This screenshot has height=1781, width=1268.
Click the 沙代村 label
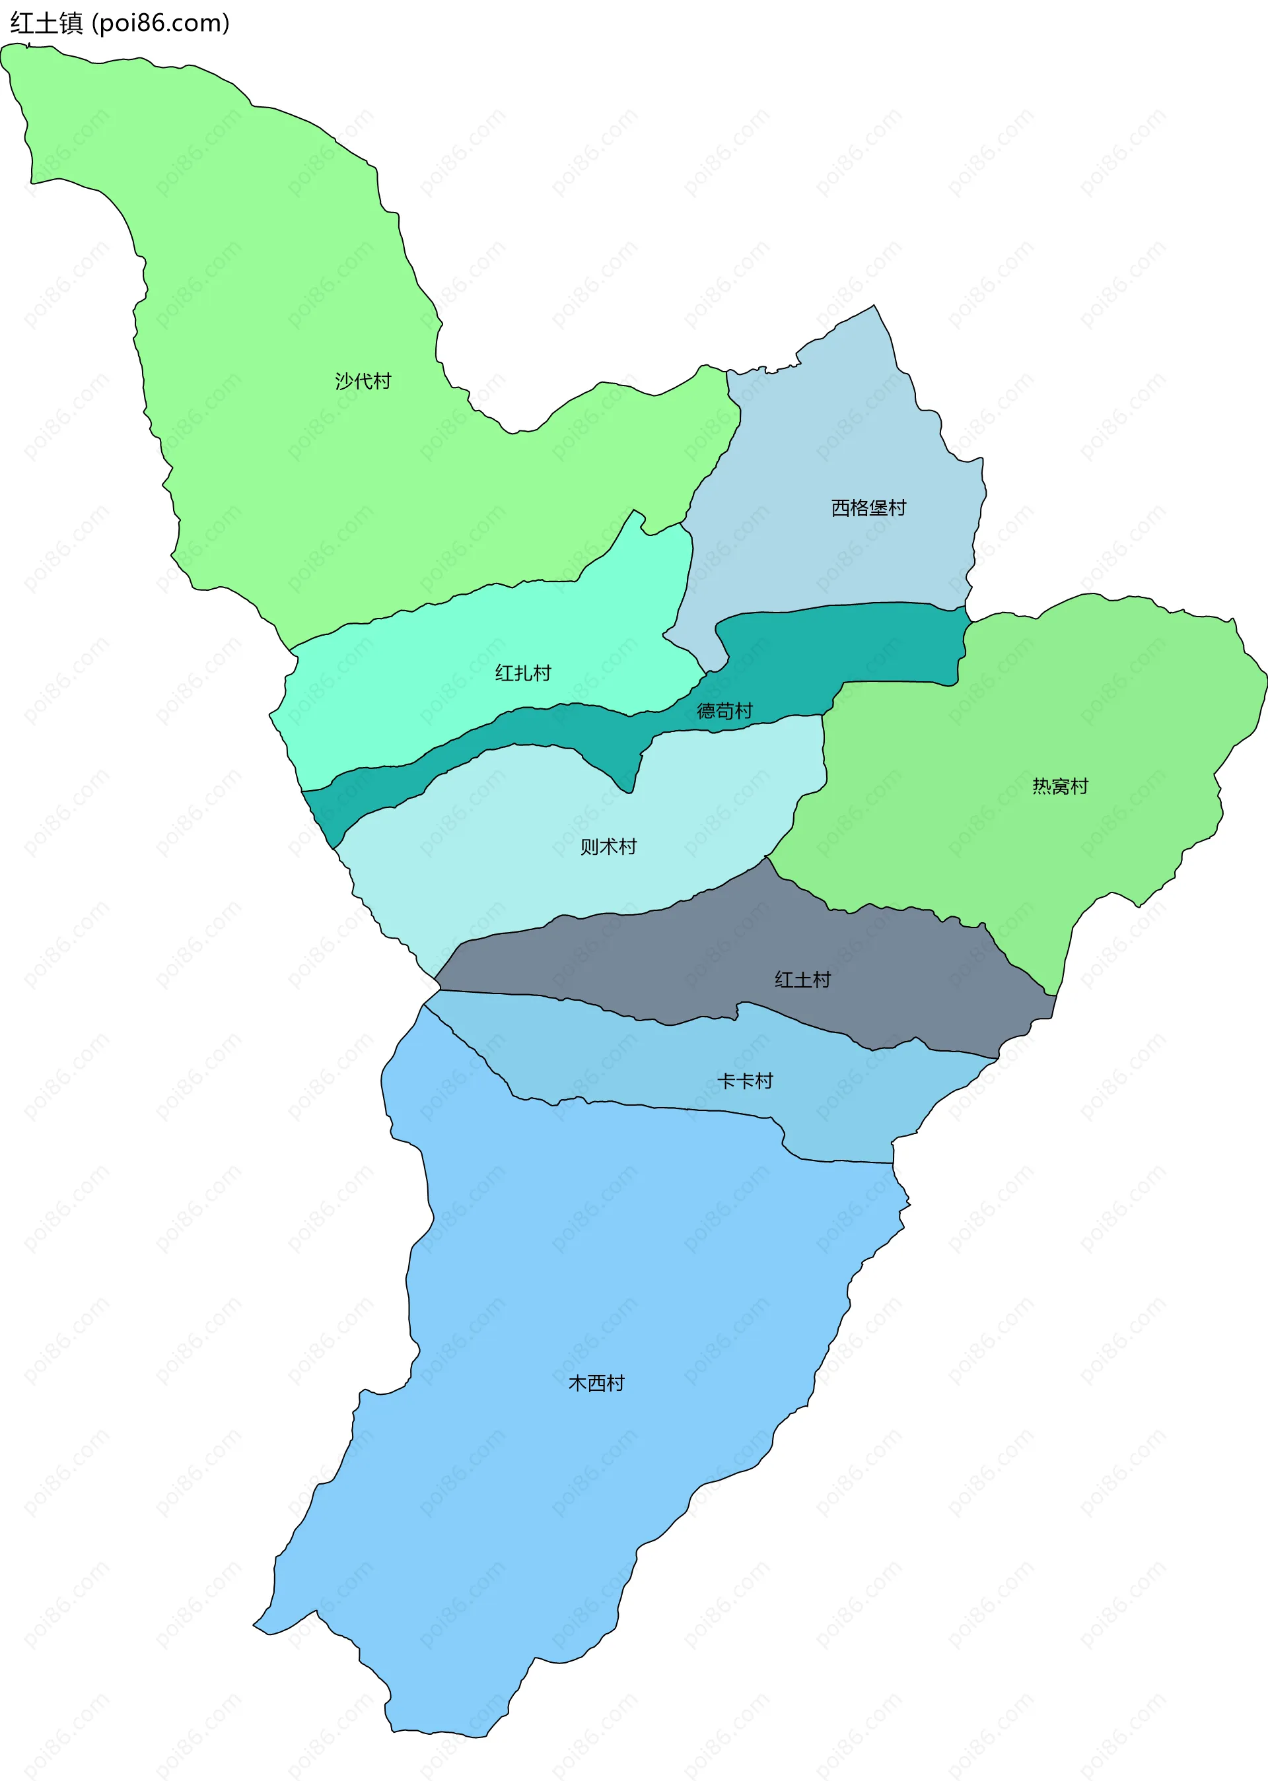tap(363, 381)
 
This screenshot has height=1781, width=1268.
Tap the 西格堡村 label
tap(868, 508)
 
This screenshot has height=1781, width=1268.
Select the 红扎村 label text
tap(523, 673)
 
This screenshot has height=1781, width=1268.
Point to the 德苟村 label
tap(724, 711)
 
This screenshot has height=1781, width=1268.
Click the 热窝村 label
tap(1059, 786)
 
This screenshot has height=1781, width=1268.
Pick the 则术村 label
tap(608, 847)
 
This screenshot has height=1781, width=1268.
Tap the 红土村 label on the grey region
tap(802, 980)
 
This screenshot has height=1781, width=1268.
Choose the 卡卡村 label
tap(745, 1081)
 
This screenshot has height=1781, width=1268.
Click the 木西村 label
tap(596, 1383)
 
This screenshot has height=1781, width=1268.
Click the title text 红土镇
tap(47, 23)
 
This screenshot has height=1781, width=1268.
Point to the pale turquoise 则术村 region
tap(507, 843)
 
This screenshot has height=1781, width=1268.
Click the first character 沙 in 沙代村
tap(344, 381)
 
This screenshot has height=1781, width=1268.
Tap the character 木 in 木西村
tap(578, 1383)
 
